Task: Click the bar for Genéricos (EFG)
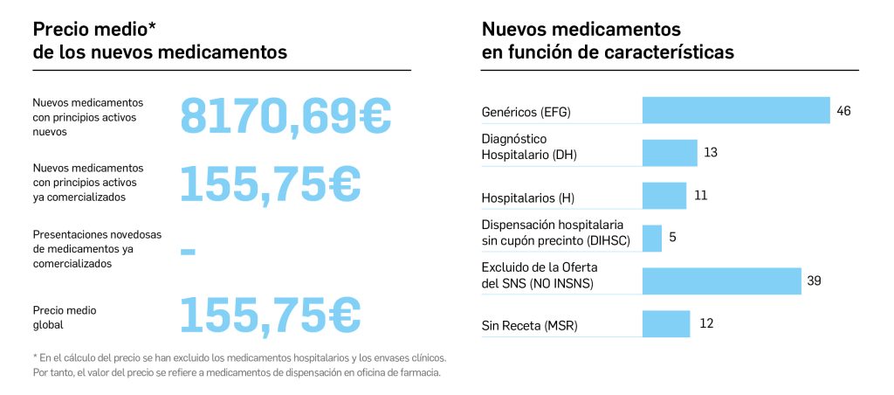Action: (x=736, y=110)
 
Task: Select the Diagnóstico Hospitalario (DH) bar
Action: (x=670, y=153)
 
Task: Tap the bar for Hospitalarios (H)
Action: (x=664, y=196)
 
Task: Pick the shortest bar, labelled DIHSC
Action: (x=652, y=238)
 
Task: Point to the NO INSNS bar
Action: (x=721, y=281)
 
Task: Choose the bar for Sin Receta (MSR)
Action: (x=666, y=323)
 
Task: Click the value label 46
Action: (x=843, y=111)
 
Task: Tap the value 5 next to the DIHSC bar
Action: (x=673, y=238)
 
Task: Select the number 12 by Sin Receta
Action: (x=707, y=323)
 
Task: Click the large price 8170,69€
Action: (x=285, y=115)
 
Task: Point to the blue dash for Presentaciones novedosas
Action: (x=188, y=252)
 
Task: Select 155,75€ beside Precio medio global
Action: (x=270, y=315)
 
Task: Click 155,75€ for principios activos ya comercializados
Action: (x=270, y=182)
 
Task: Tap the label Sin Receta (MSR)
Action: (x=530, y=327)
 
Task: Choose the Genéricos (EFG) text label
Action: (x=530, y=113)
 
